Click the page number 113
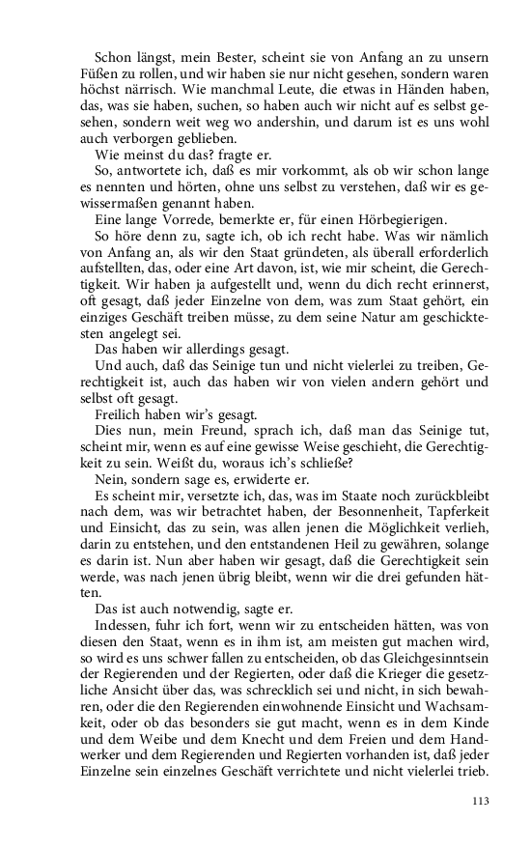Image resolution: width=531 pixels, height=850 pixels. [482, 801]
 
